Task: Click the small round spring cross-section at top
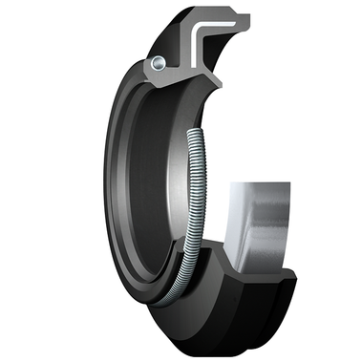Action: point(156,63)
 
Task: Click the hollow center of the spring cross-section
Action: point(156,63)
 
